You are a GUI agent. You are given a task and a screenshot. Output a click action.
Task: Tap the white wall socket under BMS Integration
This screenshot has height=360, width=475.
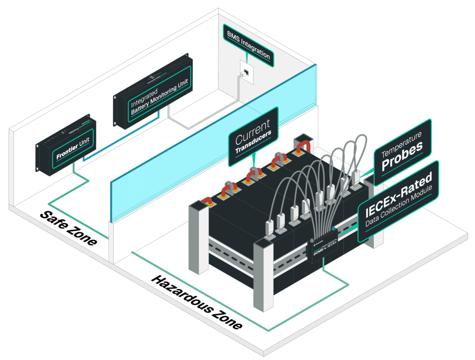click(x=246, y=71)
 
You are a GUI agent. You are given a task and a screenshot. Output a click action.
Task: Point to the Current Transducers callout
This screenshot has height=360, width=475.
click(x=253, y=136)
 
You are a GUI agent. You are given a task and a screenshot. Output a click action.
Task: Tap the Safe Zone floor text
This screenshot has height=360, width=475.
click(x=68, y=227)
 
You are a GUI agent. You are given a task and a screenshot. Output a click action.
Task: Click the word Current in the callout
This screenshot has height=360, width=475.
click(x=252, y=131)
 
